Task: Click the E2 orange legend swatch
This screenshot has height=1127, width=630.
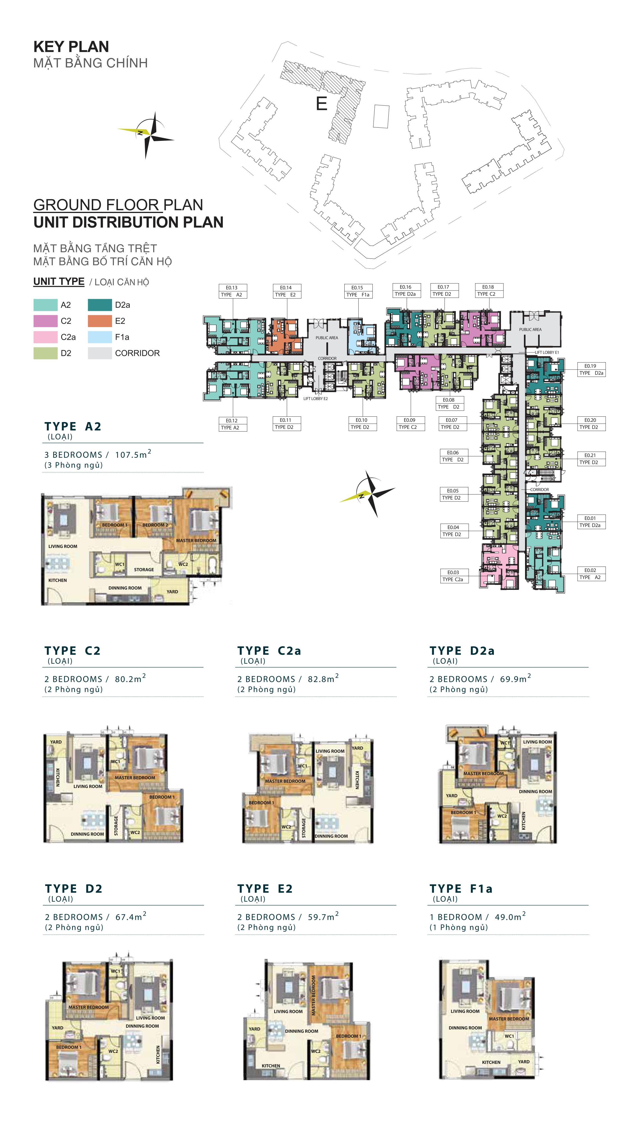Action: tap(100, 321)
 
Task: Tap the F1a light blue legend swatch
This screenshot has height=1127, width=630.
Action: tap(100, 337)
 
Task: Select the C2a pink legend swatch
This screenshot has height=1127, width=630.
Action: tap(45, 337)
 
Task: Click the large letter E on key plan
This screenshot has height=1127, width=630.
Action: tap(322, 104)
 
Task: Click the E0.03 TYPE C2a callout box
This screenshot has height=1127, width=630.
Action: tap(453, 576)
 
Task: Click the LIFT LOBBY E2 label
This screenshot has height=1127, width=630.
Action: tap(315, 398)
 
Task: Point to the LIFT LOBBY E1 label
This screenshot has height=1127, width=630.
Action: tap(547, 352)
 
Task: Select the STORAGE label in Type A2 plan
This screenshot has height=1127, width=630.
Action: tap(144, 570)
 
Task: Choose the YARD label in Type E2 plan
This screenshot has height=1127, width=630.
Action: tap(254, 1029)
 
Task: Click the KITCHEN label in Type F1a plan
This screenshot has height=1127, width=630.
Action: tap(491, 1062)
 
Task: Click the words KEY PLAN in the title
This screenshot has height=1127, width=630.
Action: tap(71, 46)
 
